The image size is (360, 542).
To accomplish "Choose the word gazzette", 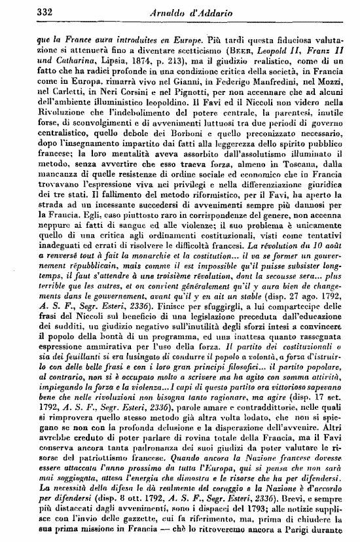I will (x=147, y=516).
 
